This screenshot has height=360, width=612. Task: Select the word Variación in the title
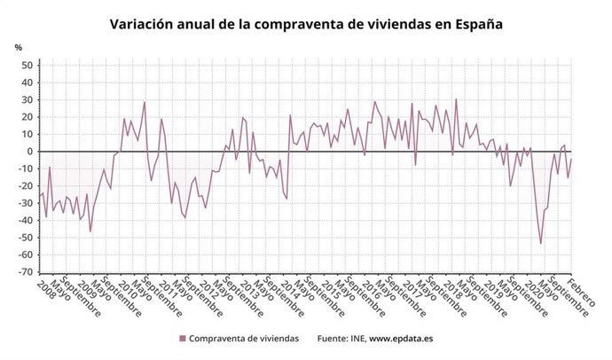[142, 25]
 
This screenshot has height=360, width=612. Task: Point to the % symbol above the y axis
[19, 46]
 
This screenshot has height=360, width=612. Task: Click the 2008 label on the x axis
[35, 290]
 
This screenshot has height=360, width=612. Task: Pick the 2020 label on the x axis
[530, 290]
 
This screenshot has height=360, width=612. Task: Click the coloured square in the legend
[183, 338]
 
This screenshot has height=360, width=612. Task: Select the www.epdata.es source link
[400, 338]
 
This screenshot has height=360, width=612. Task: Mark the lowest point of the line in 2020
[541, 244]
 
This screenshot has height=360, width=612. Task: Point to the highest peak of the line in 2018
[456, 99]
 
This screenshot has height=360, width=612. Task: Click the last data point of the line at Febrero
[572, 159]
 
